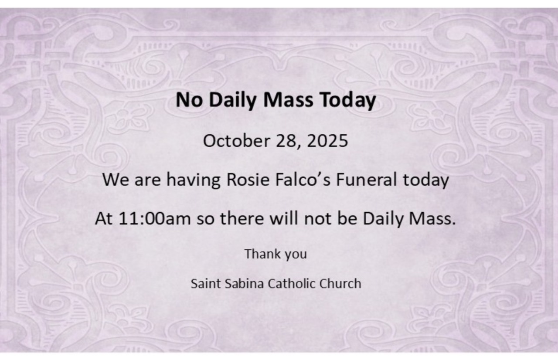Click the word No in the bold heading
189,99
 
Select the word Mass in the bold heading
288,99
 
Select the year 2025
327,141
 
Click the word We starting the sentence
116,179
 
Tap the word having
193,180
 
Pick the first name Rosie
248,179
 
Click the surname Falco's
303,179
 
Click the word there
242,218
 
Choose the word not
318,219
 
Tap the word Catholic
292,284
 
